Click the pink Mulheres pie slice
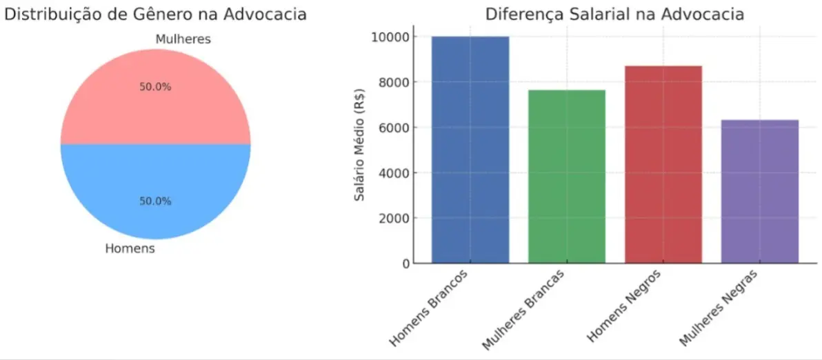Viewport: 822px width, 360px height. point(155,110)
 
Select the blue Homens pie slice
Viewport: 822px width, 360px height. point(155,179)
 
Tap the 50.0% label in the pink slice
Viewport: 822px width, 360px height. point(155,88)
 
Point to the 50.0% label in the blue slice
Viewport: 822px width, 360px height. point(155,201)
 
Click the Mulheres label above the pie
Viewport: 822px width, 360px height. point(183,39)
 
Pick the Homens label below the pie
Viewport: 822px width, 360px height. point(130,248)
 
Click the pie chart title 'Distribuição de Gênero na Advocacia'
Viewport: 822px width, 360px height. point(155,14)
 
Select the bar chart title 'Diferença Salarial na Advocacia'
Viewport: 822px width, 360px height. point(614,14)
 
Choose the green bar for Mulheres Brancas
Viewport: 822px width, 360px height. point(567,177)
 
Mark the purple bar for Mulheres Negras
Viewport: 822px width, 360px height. point(760,192)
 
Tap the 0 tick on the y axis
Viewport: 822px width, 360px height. point(405,263)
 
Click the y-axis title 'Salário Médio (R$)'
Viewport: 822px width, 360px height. point(359,145)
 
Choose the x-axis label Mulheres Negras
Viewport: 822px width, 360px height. point(719,307)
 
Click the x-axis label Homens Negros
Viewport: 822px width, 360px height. point(625,306)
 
